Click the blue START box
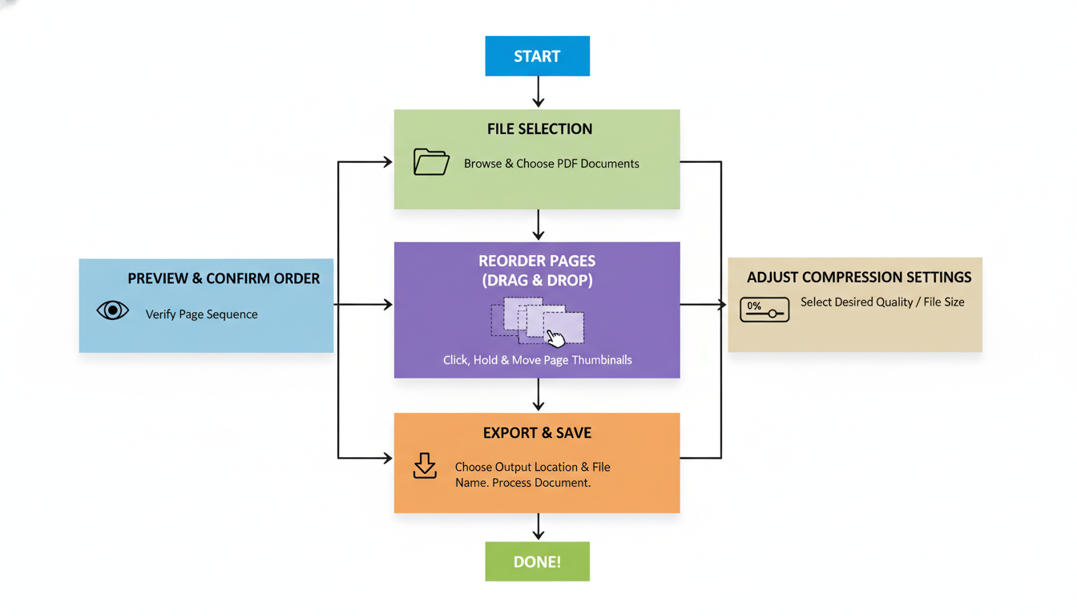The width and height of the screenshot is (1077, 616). pos(537,56)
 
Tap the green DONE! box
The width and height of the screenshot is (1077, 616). pos(537,561)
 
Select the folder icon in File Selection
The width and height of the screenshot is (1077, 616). pos(431,162)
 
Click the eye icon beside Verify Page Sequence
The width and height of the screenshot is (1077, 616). pos(113,310)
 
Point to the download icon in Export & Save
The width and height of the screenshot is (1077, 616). pos(425,466)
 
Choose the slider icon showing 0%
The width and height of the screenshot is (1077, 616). pos(764,310)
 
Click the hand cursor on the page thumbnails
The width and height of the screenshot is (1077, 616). pos(555,337)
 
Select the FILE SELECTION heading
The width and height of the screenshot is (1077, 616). pos(539,129)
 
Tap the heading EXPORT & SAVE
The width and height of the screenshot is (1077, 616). pos(537,433)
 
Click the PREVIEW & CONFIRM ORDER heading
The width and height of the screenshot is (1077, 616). pos(224,279)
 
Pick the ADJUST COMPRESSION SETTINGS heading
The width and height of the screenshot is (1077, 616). pos(859,278)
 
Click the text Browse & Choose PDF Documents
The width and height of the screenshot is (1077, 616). pos(551,164)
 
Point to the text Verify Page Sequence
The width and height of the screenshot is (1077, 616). pos(202,314)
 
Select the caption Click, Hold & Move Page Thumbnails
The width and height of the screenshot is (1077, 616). pos(537,360)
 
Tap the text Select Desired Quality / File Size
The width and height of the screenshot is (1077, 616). pos(882,302)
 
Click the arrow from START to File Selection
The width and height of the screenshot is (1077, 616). pos(538,92)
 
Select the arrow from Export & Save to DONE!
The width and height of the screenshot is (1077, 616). pos(538,527)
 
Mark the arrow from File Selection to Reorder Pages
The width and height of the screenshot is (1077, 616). pos(538,225)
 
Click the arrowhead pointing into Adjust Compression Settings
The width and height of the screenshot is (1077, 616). pos(721,305)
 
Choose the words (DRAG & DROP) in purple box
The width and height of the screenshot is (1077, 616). pos(537,282)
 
